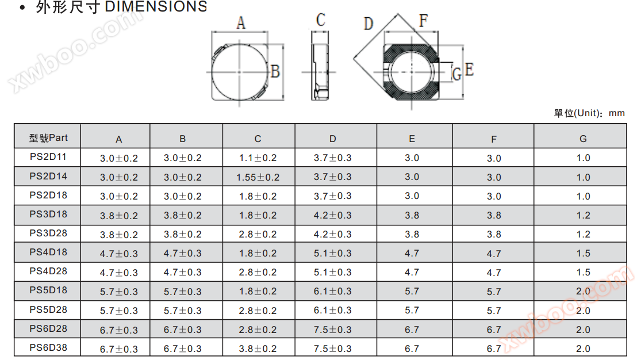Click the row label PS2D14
48,177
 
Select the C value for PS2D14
258,177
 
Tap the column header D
333,139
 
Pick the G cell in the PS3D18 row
584,215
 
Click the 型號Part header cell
48,138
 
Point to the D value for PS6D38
333,348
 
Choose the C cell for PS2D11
258,158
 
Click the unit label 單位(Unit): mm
589,113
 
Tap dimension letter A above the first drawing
241,23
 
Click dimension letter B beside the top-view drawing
275,71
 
